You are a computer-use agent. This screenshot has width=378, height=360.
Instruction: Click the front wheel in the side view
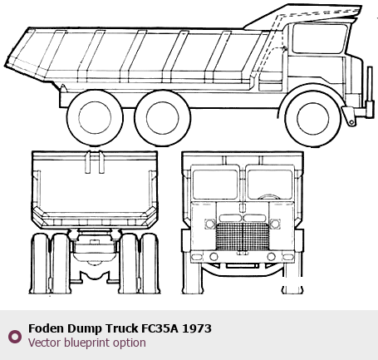(313, 119)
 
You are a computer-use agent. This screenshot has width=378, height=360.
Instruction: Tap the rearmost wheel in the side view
(95, 117)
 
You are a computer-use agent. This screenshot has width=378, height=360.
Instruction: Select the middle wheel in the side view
(162, 117)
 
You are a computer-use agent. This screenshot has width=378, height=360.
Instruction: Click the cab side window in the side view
(320, 38)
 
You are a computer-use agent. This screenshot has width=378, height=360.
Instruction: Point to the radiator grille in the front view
(242, 236)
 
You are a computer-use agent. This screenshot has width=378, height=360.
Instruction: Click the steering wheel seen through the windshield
(268, 196)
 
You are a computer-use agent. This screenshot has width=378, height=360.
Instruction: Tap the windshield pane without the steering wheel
(215, 185)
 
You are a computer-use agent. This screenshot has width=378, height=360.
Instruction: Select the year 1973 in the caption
(197, 328)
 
